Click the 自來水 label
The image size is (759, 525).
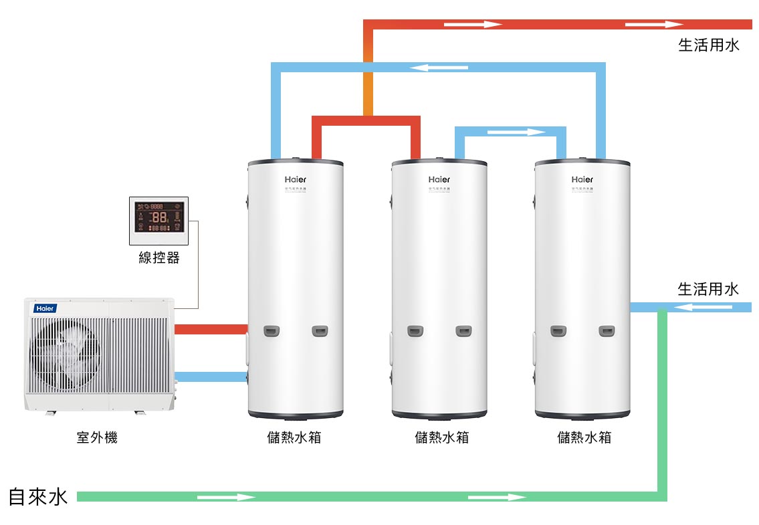pos(38,497)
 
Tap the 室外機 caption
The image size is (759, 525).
pos(97,438)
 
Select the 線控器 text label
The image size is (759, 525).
pos(159,257)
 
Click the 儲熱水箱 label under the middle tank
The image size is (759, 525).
pos(441,438)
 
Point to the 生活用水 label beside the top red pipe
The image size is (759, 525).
pos(709,45)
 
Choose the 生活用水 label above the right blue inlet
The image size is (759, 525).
pos(708,290)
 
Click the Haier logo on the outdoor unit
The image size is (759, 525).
pos(45,308)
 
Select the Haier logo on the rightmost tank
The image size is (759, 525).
pos(582,179)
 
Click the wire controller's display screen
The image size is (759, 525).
pos(159,217)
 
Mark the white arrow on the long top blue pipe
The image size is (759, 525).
pos(439,68)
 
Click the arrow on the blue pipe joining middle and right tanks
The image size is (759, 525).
pos(516,132)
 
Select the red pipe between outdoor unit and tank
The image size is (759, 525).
pos(211,329)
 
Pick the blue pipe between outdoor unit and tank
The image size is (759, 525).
pos(211,377)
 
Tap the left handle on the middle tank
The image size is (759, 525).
pos(416,331)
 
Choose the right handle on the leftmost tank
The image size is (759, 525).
pos(320,331)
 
